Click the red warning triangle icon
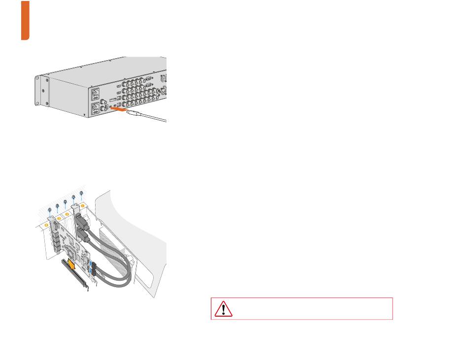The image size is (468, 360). click(223, 309)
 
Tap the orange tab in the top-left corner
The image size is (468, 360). click(25, 20)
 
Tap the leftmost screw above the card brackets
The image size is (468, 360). click(49, 210)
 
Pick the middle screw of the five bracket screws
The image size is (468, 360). click(65, 201)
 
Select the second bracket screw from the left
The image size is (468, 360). click(57, 206)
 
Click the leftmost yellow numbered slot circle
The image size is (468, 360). click(47, 225)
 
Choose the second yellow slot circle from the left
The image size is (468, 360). click(59, 219)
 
